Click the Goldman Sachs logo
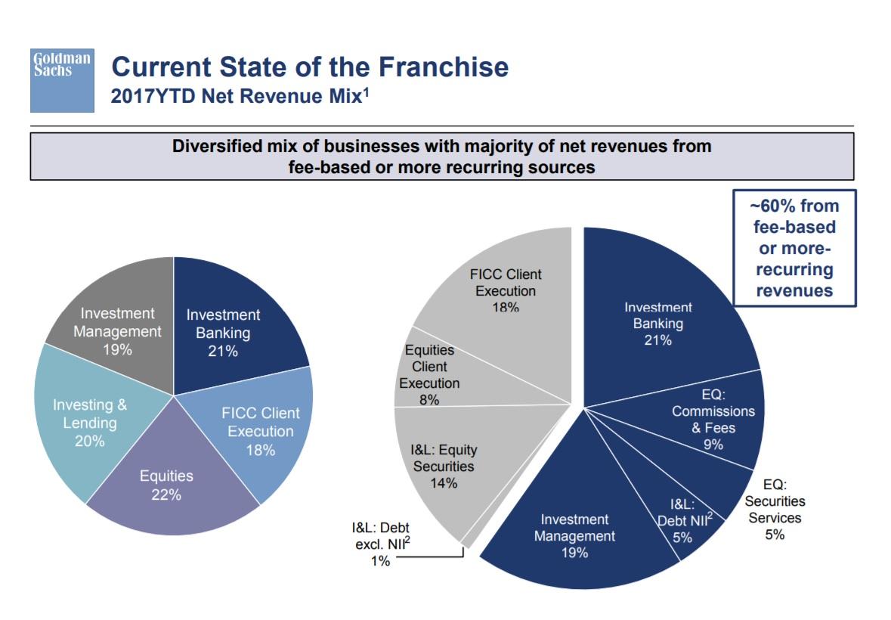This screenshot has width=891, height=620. [61, 79]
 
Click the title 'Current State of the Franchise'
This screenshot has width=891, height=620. [310, 67]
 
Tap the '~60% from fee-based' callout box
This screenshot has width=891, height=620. [794, 248]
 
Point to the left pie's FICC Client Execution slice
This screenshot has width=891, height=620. [261, 431]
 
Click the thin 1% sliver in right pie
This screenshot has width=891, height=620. [469, 538]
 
